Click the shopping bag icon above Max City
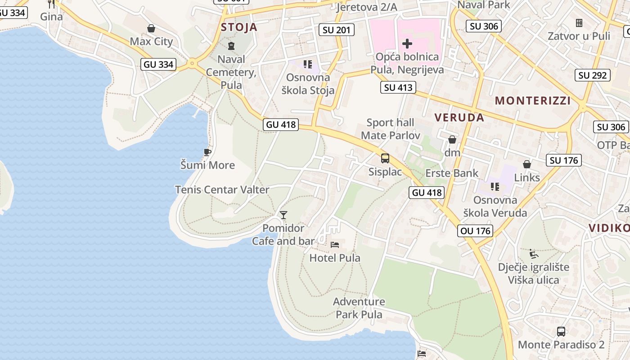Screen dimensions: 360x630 click(151, 29)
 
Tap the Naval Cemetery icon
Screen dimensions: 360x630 click(231, 45)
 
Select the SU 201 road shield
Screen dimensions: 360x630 click(336, 30)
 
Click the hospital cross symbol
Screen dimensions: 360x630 click(407, 44)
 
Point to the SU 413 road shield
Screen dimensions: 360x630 click(398, 87)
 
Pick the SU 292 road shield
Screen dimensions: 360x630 click(593, 75)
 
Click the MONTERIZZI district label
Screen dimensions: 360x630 click(533, 101)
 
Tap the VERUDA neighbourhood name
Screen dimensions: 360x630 click(459, 118)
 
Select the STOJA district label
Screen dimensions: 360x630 click(239, 27)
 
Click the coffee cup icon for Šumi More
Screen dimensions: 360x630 click(207, 152)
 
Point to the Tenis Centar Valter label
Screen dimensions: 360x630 click(222, 190)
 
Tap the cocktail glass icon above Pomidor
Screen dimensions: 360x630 click(283, 215)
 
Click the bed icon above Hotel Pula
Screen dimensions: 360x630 click(335, 245)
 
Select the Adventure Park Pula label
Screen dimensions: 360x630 click(359, 308)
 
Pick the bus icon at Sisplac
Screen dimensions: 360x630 click(385, 158)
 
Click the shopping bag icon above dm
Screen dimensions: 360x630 click(452, 139)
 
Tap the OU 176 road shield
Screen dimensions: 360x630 click(476, 231)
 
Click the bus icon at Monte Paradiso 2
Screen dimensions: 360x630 click(561, 332)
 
